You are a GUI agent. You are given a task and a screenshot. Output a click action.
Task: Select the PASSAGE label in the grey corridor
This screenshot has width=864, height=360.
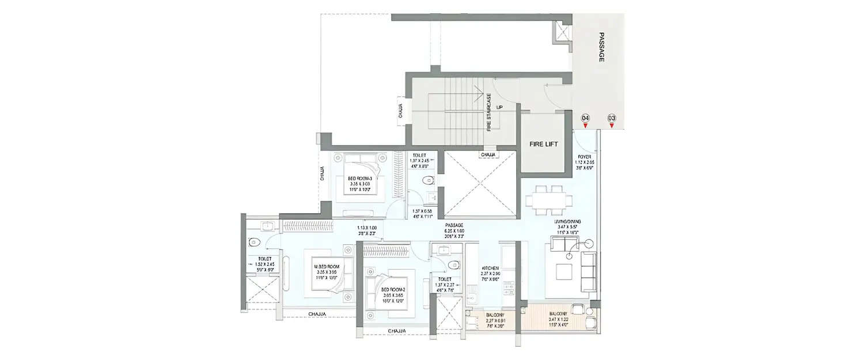[601, 47]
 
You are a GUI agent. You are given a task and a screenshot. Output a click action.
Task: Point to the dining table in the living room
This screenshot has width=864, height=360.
[549, 199]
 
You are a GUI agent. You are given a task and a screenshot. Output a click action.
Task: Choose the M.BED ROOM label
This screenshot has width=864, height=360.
[326, 267]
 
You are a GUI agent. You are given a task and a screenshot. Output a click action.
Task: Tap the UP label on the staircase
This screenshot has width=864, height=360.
[499, 107]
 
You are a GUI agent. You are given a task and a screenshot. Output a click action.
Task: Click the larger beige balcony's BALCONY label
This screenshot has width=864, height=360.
[560, 314]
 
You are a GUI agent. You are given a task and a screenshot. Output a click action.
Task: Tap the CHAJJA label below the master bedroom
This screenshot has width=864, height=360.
[317, 314]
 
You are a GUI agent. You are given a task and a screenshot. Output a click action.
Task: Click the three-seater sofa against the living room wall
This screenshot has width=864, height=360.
[589, 272]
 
